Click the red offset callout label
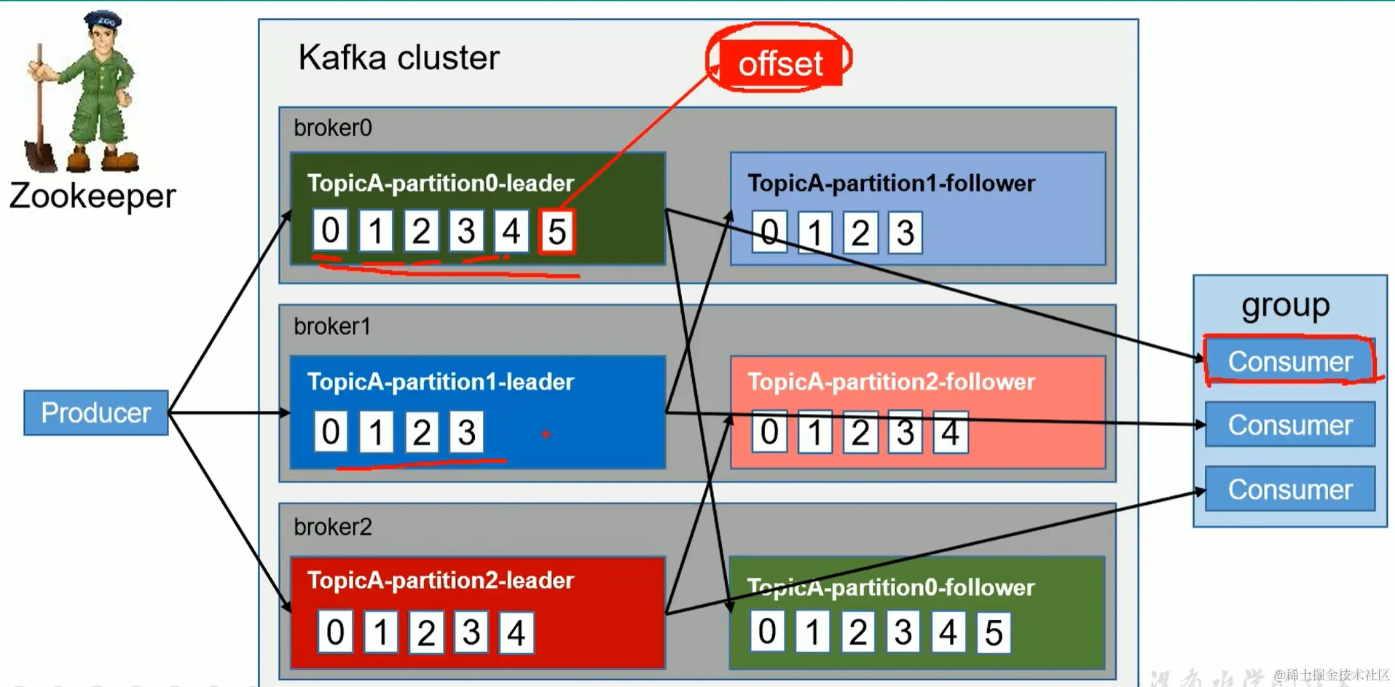pyautogui.click(x=779, y=63)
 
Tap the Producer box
pyautogui.click(x=96, y=412)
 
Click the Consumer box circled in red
pyautogui.click(x=1289, y=361)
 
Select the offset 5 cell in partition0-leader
pyautogui.click(x=557, y=232)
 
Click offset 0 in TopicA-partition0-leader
pyautogui.click(x=330, y=230)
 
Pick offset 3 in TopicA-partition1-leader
pyautogui.click(x=467, y=432)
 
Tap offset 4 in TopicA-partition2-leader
pyautogui.click(x=516, y=632)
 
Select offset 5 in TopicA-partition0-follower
pyautogui.click(x=994, y=632)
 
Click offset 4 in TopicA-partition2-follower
pyautogui.click(x=950, y=433)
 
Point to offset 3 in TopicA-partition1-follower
pyautogui.click(x=905, y=233)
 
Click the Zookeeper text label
pyautogui.click(x=93, y=196)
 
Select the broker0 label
pyautogui.click(x=333, y=128)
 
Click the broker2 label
pyautogui.click(x=333, y=527)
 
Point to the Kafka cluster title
pyautogui.click(x=398, y=58)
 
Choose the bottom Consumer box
pyautogui.click(x=1289, y=489)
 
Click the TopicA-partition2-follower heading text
pyautogui.click(x=891, y=382)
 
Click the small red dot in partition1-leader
pyautogui.click(x=546, y=434)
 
